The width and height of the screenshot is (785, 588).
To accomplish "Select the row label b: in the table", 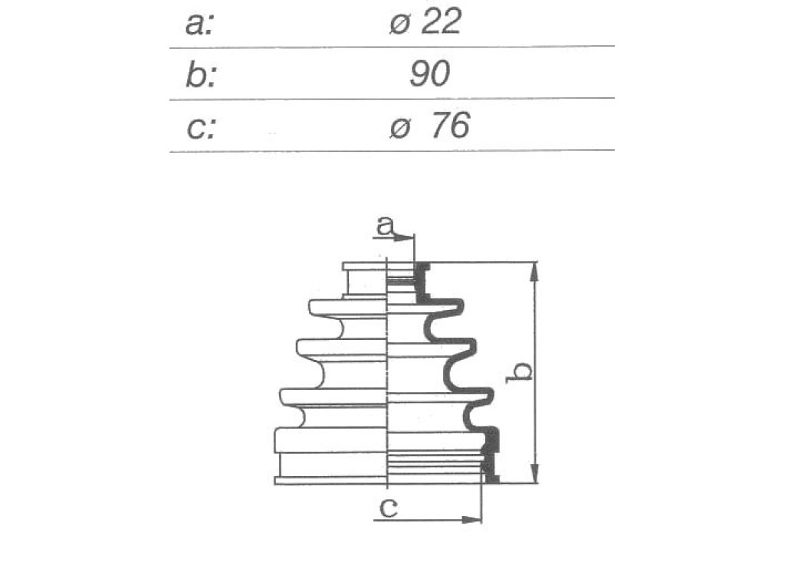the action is (x=201, y=75).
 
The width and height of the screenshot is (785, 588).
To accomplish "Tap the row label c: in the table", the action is (x=201, y=128).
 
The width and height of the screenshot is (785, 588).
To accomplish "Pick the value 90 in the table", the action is (x=429, y=73).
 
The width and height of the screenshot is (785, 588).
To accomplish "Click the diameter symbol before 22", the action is (x=400, y=24).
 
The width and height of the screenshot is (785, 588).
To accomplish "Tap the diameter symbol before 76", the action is (x=400, y=128).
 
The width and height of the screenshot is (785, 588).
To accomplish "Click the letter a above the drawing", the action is (x=385, y=226).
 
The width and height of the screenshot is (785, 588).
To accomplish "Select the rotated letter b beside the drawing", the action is (x=519, y=373).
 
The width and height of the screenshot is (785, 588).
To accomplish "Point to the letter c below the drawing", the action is (x=389, y=508).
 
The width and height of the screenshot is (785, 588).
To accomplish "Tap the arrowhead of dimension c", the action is (x=471, y=520).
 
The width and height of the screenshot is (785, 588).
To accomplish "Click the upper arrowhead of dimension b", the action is (x=535, y=273).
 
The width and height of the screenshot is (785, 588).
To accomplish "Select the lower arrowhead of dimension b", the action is (x=535, y=473).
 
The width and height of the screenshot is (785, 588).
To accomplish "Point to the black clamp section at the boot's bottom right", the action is (x=491, y=456).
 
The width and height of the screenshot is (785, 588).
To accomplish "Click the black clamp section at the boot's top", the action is (x=422, y=283).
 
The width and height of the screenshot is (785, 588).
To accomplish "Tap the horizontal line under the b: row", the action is (x=392, y=99).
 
